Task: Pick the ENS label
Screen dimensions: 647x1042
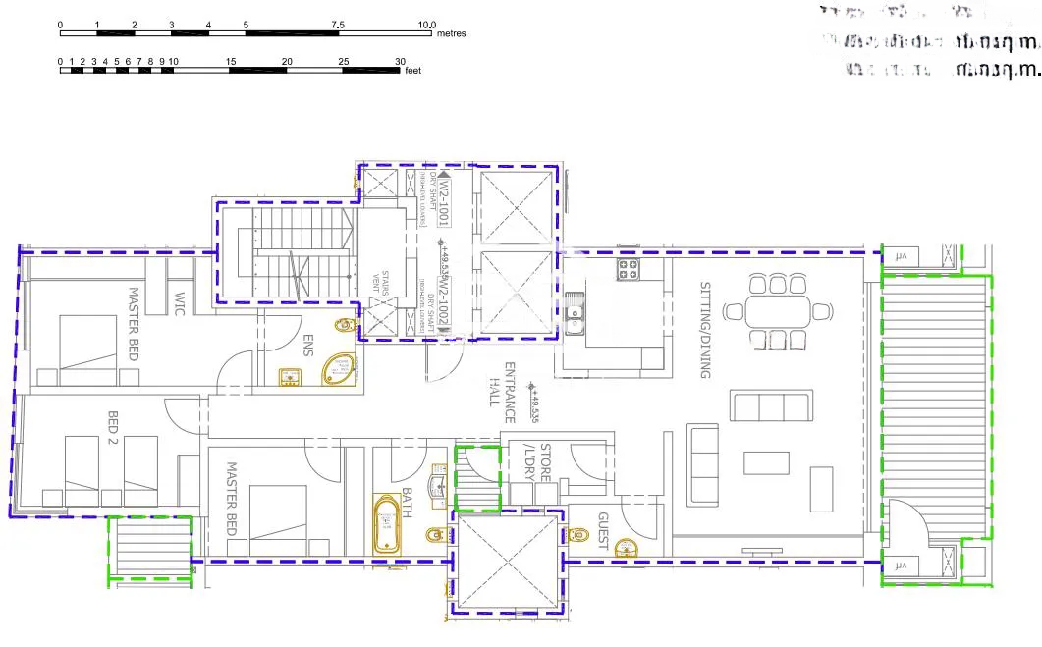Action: click(308, 347)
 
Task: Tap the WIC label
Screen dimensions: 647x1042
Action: click(180, 301)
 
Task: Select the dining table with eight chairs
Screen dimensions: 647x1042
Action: click(771, 312)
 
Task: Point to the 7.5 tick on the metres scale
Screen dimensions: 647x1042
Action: click(338, 24)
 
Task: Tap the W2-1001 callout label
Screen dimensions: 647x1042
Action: click(443, 195)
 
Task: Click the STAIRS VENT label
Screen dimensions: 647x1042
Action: click(387, 282)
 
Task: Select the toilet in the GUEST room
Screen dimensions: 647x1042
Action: click(579, 535)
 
